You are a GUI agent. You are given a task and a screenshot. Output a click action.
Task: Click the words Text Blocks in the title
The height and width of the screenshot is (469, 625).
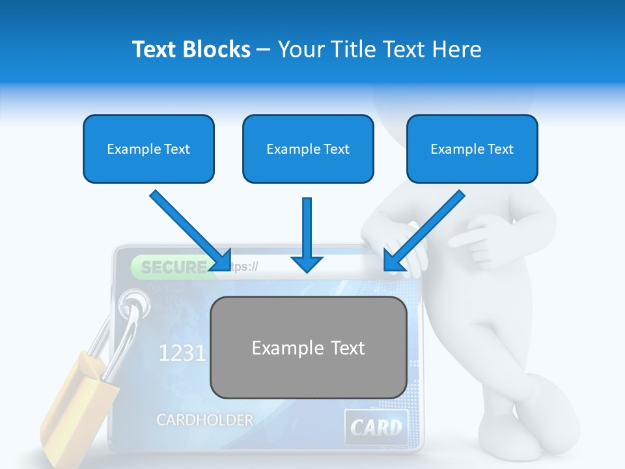(191, 50)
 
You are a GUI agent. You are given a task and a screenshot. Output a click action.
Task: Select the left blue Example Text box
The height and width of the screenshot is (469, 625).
(148, 149)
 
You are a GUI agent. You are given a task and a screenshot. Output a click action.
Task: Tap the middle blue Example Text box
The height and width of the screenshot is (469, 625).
(308, 149)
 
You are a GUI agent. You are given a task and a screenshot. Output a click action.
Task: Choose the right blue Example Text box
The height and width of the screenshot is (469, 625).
(472, 149)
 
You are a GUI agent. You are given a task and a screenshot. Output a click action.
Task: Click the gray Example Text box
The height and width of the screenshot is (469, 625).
(308, 348)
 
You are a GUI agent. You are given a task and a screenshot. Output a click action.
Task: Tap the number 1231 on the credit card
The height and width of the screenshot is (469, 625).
(182, 353)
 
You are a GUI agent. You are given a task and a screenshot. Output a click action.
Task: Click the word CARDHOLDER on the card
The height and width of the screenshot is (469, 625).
(204, 420)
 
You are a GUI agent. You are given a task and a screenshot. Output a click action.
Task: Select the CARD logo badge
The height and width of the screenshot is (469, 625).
(376, 427)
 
